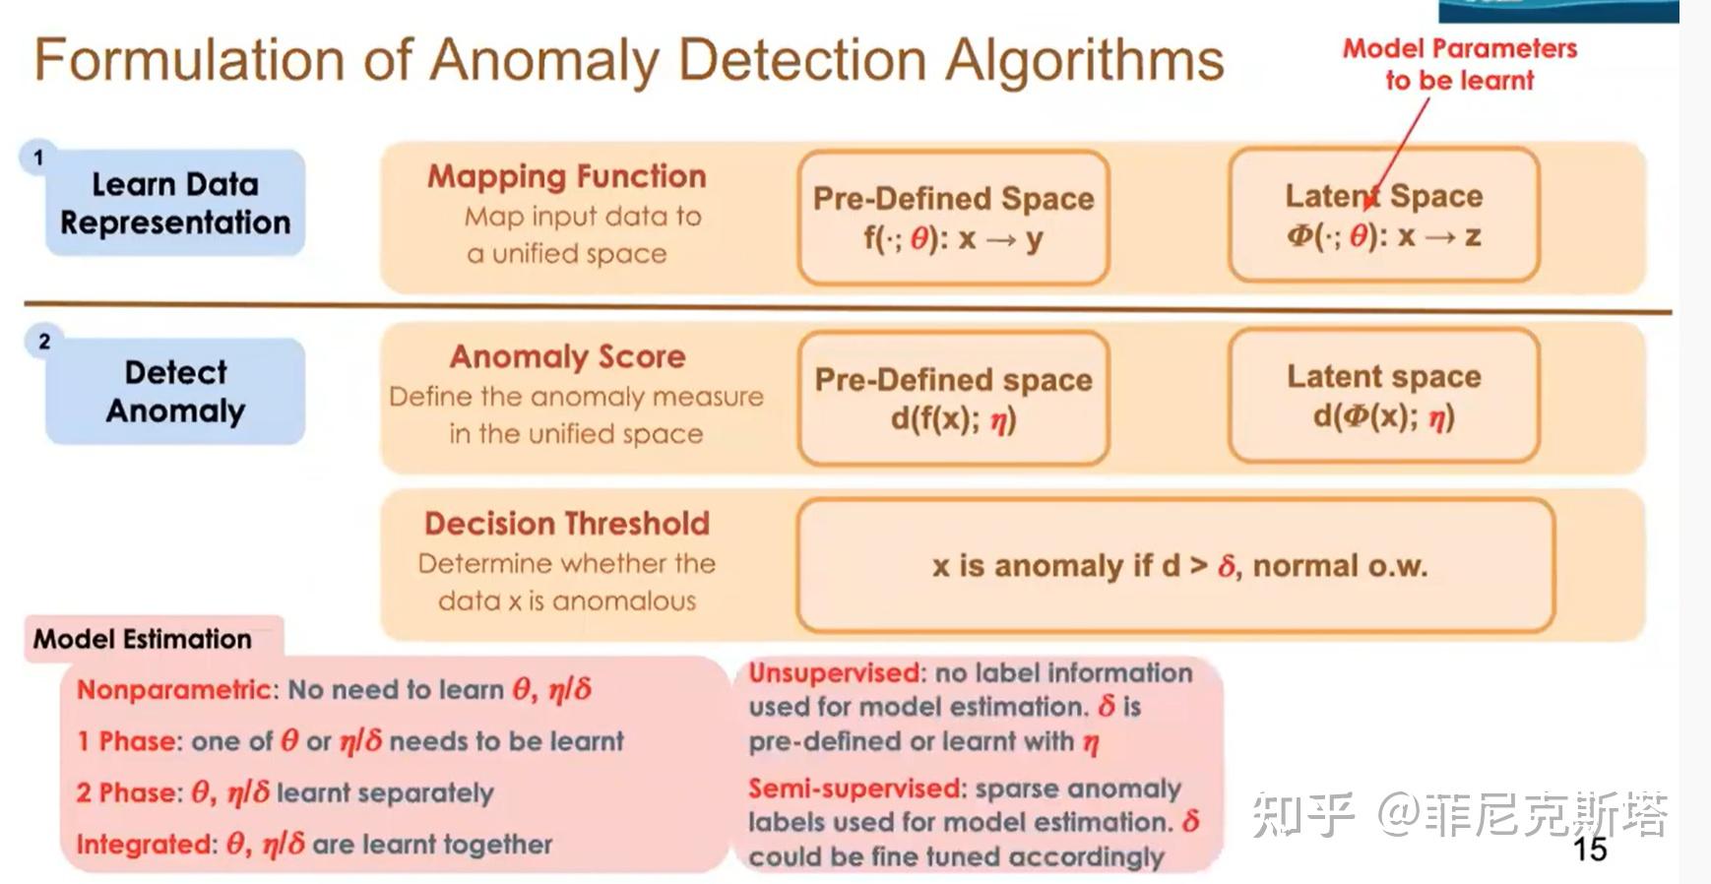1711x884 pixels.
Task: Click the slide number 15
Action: pyautogui.click(x=1590, y=849)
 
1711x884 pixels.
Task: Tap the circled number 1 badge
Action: pyautogui.click(x=38, y=158)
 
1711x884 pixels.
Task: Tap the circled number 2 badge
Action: pyautogui.click(x=44, y=342)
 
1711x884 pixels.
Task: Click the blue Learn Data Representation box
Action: pyautogui.click(x=175, y=203)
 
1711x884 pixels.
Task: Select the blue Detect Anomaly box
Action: pyautogui.click(x=175, y=391)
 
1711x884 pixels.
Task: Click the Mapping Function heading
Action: pyautogui.click(x=567, y=176)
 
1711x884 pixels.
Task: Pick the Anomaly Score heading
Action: pyautogui.click(x=568, y=356)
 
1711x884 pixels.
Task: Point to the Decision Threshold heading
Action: pyautogui.click(x=567, y=523)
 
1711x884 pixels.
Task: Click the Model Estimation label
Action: pyautogui.click(x=143, y=639)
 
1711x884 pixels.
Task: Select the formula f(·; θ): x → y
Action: pyautogui.click(x=953, y=238)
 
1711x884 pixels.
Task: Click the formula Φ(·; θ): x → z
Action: pyautogui.click(x=1384, y=236)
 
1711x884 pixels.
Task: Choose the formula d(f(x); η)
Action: pyautogui.click(x=953, y=420)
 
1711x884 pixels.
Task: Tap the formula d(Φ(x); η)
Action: pyautogui.click(x=1384, y=417)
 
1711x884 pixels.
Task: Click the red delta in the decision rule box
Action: pyautogui.click(x=1227, y=566)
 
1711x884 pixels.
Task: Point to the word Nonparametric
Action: pyautogui.click(x=173, y=689)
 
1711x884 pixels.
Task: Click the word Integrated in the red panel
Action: pyautogui.click(x=146, y=845)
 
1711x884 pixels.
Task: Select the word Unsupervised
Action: pyautogui.click(x=835, y=673)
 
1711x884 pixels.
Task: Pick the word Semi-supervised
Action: pyautogui.click(x=855, y=789)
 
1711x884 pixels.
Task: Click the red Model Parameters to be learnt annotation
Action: pyautogui.click(x=1460, y=64)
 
